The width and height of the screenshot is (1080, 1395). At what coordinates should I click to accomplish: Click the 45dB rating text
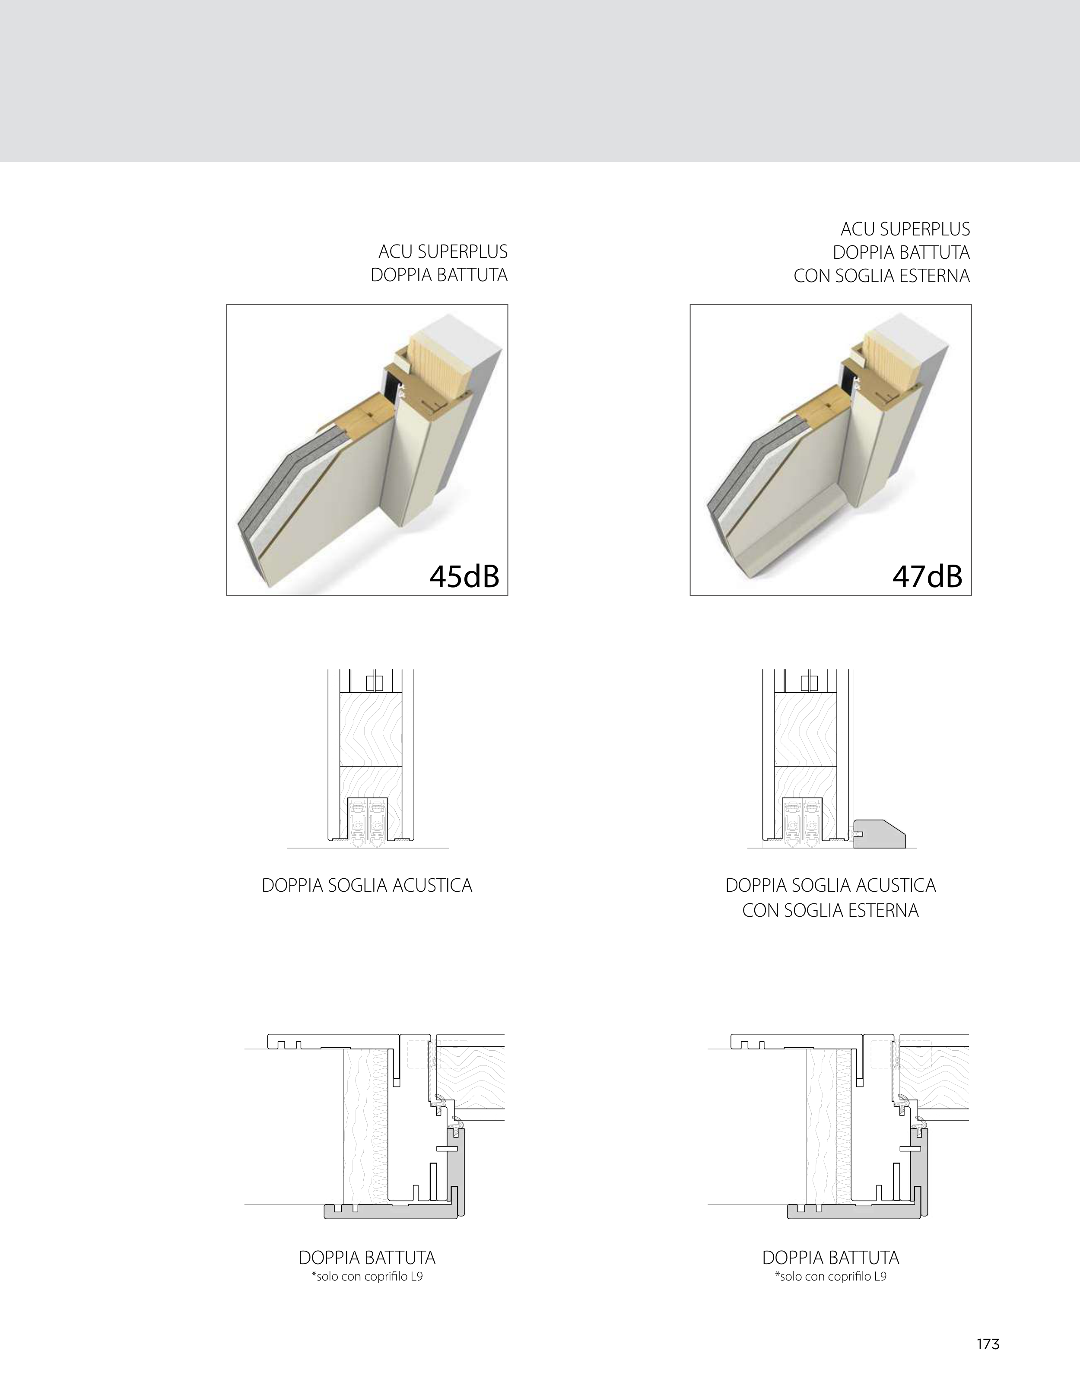click(464, 577)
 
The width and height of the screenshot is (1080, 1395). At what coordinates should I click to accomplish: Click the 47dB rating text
click(928, 577)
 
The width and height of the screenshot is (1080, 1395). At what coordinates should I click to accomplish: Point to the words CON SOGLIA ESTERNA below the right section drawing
click(830, 910)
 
